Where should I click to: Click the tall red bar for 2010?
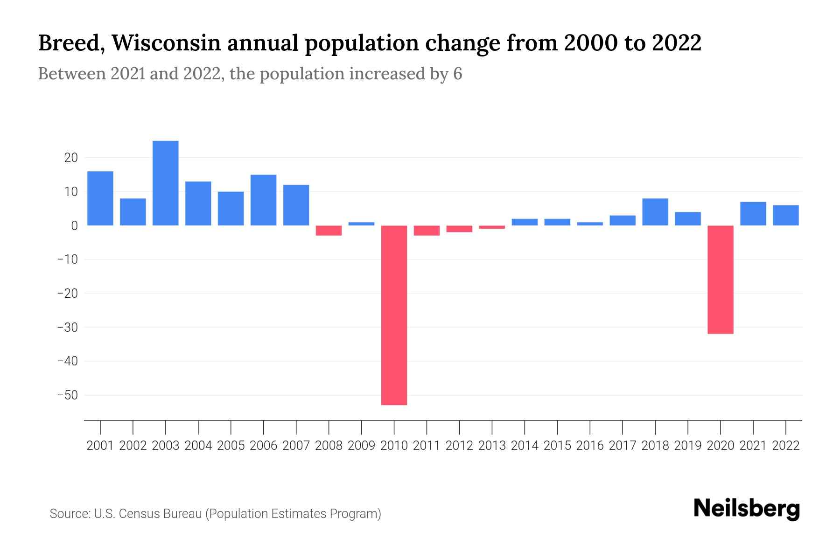coord(394,315)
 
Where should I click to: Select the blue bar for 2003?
coord(165,183)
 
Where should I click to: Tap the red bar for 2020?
coord(720,279)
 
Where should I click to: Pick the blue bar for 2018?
coord(655,212)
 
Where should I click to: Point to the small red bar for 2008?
coord(329,231)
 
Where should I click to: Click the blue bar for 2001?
coord(100,198)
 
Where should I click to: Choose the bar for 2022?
coord(785,215)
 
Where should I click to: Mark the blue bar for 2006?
coord(263,200)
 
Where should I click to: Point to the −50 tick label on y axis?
coord(67,395)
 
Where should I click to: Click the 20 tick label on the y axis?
coord(71,158)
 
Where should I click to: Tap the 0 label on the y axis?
coord(74,225)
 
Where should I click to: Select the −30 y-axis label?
coord(67,327)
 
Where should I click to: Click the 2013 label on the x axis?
coord(492,446)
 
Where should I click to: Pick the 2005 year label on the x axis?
coord(231,446)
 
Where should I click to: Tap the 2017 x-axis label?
coord(622,446)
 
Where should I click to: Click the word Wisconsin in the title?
coord(166,43)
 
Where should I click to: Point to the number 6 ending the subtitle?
coord(457,74)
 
